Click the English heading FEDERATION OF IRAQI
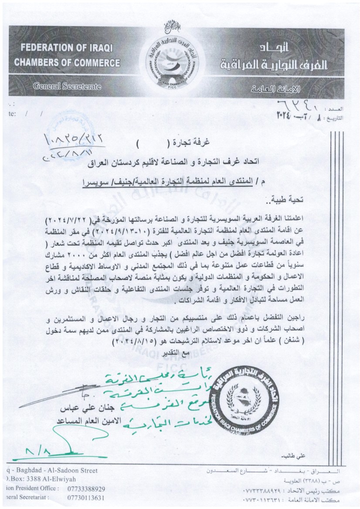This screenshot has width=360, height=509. coord(60,48)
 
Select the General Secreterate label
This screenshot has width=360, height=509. coord(68,87)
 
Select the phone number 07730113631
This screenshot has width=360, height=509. coord(86,497)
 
